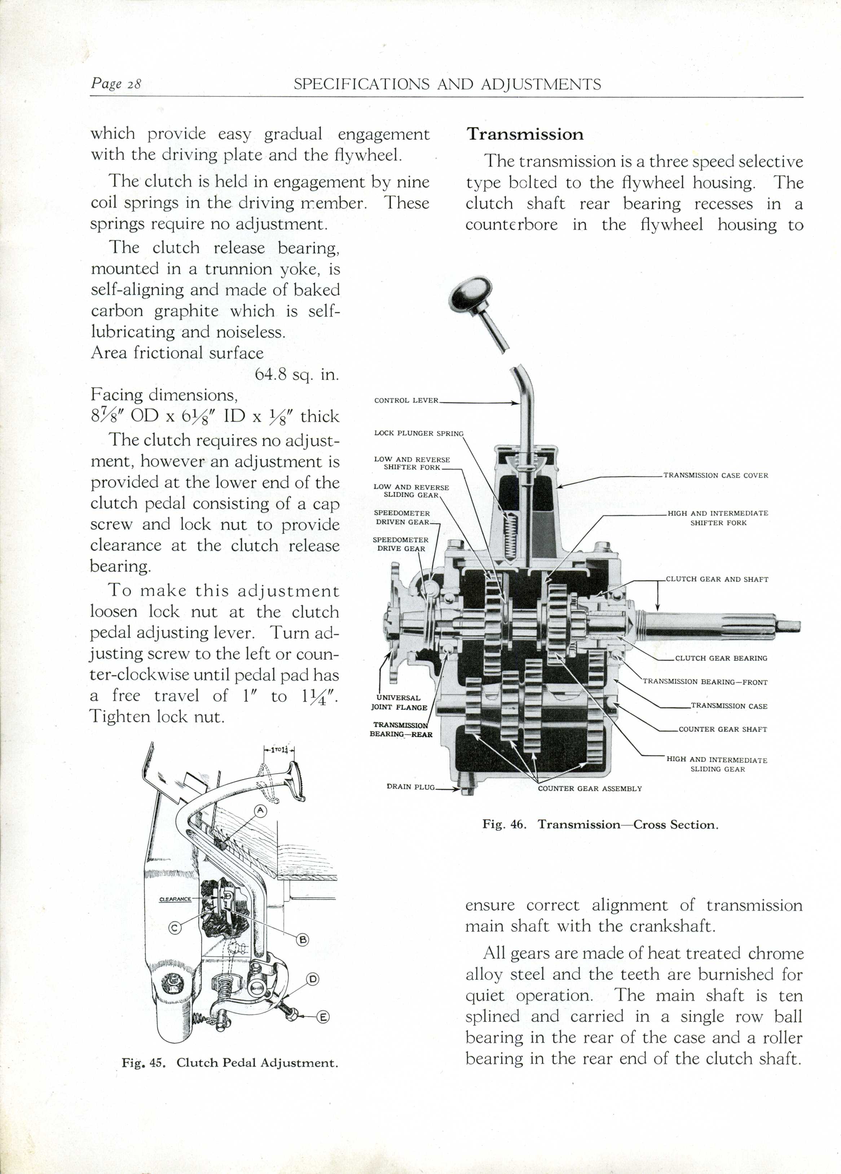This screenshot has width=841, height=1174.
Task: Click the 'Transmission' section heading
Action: [x=525, y=135]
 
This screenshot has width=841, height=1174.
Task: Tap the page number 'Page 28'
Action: [x=116, y=83]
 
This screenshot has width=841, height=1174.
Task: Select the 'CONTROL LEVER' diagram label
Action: [x=406, y=401]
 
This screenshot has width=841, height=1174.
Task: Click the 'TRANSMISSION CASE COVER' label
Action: [x=716, y=475]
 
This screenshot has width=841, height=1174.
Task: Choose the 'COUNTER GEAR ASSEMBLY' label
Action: [x=590, y=789]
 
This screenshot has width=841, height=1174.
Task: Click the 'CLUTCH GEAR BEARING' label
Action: [x=721, y=658]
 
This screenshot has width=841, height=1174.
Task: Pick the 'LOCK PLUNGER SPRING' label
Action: [x=418, y=433]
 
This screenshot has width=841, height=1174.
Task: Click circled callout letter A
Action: [x=260, y=811]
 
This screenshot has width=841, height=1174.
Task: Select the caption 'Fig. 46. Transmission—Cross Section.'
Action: [x=600, y=825]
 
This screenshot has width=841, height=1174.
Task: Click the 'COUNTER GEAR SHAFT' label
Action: [x=723, y=729]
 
